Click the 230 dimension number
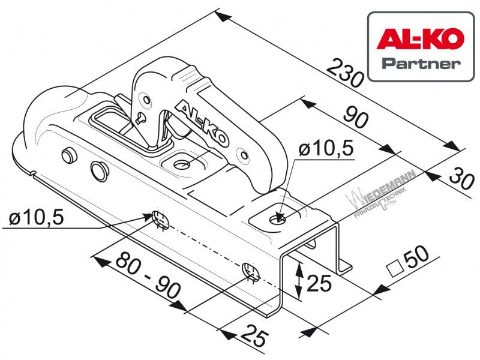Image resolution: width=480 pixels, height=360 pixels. point(344,72)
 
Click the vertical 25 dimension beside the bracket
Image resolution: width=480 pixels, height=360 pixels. point(319,283)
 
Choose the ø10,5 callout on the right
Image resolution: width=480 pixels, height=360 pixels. point(326,149)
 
